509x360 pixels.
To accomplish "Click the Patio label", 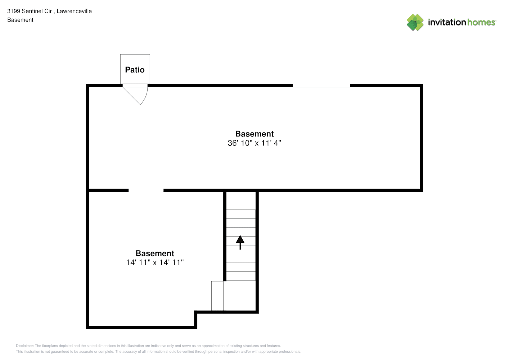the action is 135,70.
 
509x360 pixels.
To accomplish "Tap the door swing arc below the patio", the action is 145,96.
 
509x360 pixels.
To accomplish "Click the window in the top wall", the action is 321,85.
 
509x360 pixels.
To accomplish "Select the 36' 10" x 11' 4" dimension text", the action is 254,143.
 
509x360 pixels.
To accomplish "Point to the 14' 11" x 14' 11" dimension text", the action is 155,262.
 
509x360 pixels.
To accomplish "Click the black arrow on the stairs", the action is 240,243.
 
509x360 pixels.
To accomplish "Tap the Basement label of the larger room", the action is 254,134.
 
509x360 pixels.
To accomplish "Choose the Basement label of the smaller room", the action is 155,253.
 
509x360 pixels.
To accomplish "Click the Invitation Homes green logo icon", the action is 415,22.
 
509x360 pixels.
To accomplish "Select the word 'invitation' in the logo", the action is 447,22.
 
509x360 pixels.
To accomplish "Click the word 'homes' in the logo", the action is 481,22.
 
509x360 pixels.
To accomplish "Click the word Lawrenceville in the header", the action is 74,11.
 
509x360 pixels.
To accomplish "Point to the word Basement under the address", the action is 20,20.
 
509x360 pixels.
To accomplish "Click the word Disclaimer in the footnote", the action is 25,346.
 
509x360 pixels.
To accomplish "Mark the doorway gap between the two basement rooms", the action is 146,190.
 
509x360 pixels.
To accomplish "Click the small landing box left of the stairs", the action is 217,296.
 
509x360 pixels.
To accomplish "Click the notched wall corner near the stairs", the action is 196,312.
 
